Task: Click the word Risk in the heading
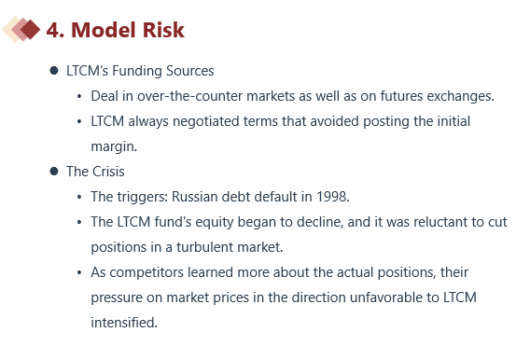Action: click(x=163, y=30)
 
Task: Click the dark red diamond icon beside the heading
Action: click(x=31, y=30)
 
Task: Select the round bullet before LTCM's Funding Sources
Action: click(x=54, y=71)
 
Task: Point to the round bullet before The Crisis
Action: click(x=54, y=172)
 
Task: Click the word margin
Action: click(x=114, y=147)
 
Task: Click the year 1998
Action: click(x=332, y=197)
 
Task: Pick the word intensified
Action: click(x=124, y=323)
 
